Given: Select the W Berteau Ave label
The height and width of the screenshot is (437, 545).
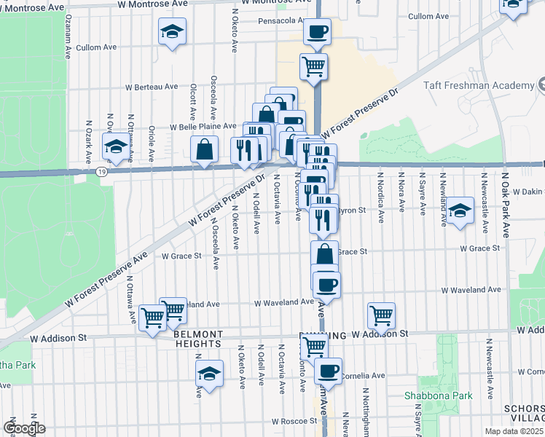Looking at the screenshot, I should click(152, 87).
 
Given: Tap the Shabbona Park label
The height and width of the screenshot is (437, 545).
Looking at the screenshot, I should click(439, 396).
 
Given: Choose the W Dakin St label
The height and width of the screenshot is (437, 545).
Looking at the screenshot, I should click(524, 190).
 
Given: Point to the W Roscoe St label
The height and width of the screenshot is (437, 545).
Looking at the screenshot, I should click(294, 421).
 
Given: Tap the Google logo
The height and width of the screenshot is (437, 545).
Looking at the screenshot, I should click(24, 428).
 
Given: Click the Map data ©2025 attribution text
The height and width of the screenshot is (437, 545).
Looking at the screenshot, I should click(514, 431).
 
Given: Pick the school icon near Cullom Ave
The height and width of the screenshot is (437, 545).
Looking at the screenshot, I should click(173, 32).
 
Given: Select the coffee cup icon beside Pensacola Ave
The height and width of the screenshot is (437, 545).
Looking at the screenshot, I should click(315, 31).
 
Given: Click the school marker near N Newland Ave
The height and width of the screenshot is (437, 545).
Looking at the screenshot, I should click(460, 211).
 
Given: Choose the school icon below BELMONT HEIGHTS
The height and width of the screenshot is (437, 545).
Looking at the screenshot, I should click(209, 374).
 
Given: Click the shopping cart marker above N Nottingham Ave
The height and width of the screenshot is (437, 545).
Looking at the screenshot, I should click(381, 315).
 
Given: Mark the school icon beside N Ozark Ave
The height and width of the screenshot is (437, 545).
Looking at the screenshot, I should click(115, 146).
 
